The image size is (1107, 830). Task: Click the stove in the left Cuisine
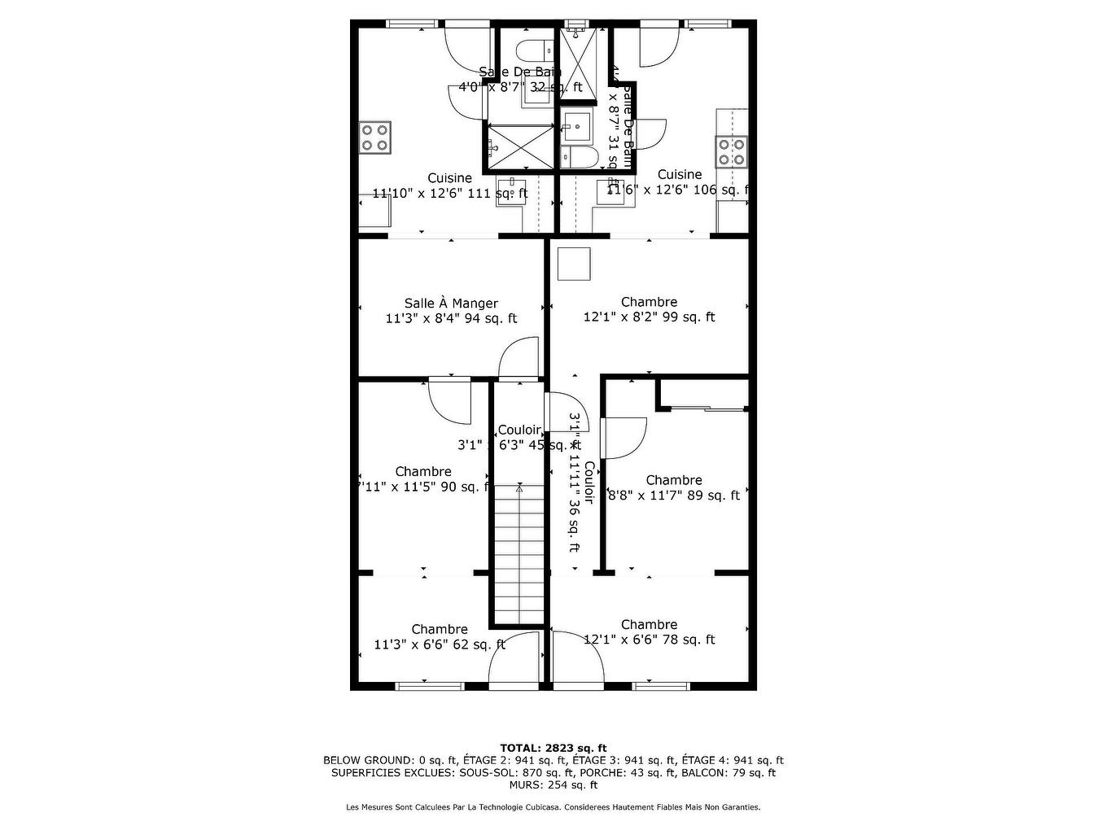click(375, 138)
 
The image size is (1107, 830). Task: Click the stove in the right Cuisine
click(730, 151)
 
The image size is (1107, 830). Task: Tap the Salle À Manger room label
click(451, 304)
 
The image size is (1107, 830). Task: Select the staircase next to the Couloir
click(518, 553)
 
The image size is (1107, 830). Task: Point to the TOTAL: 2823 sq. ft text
click(553, 748)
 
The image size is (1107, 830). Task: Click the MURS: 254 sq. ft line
click(553, 785)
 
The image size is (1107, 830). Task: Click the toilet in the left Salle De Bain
click(537, 50)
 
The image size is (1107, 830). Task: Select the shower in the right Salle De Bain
click(581, 62)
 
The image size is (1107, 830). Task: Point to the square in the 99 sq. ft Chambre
click(574, 264)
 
